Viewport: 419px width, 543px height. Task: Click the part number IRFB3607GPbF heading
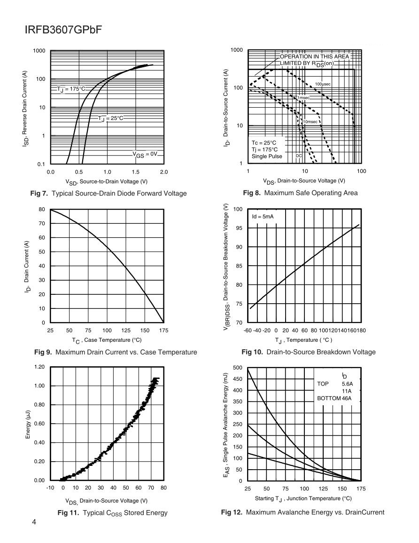63,30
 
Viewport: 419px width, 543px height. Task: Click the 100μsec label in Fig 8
323,84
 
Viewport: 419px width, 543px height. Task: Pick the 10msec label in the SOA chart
310,122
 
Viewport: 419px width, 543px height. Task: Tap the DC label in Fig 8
299,155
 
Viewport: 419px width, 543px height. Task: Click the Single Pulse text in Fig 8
267,156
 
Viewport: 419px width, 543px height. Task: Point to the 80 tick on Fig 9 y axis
42,209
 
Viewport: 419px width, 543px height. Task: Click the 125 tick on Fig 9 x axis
125,331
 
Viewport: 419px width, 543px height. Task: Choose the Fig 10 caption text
308,352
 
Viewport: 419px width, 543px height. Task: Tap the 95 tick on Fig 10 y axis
239,228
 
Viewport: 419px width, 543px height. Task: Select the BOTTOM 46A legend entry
334,398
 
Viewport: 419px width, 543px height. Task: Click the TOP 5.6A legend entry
334,384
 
